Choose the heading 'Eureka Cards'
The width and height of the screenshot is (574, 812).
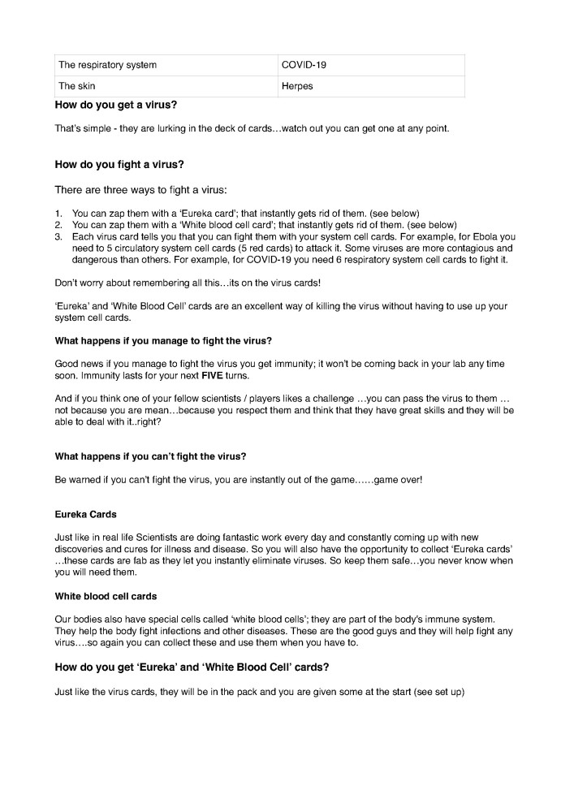pyautogui.click(x=85, y=515)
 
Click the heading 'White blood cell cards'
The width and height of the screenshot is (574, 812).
pyautogui.click(x=106, y=596)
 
